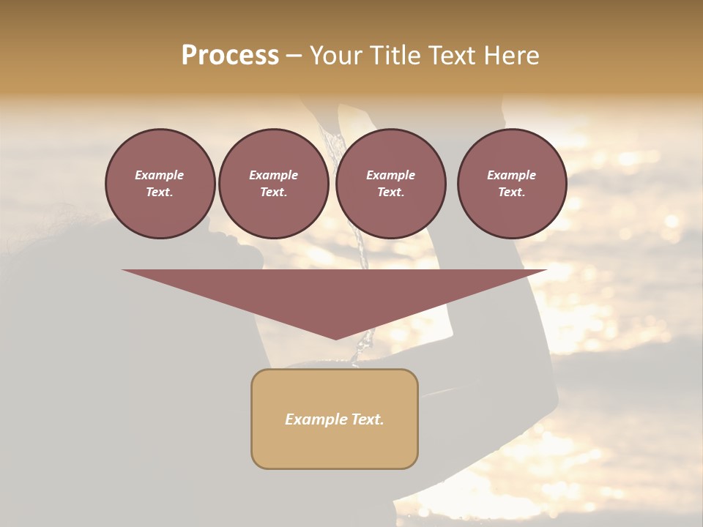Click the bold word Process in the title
(x=230, y=56)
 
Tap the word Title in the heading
(x=394, y=56)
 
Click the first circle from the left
(x=160, y=184)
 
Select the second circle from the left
(x=273, y=184)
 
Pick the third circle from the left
(x=390, y=184)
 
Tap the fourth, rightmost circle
(x=511, y=184)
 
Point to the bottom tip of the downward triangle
(x=335, y=338)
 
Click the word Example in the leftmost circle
(x=160, y=175)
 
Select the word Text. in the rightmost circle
(x=511, y=193)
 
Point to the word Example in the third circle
(x=390, y=175)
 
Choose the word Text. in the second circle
(x=273, y=193)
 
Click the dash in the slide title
(x=294, y=56)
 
